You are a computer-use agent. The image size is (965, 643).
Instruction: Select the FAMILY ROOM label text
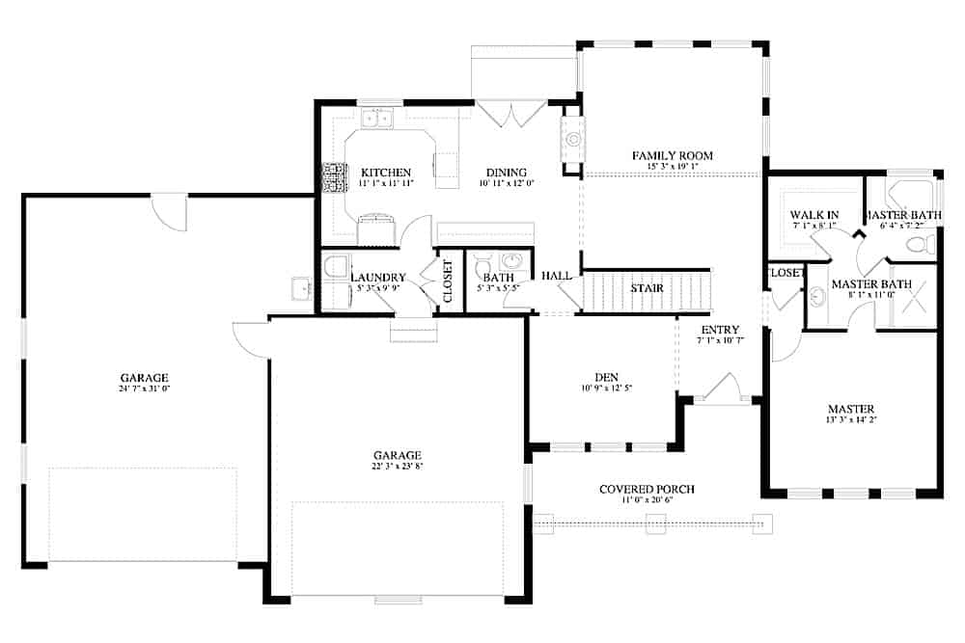[672, 155]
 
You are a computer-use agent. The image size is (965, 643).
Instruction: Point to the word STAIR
[646, 287]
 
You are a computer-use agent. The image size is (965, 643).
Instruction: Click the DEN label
[606, 377]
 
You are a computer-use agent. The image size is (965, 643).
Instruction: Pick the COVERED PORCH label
[647, 490]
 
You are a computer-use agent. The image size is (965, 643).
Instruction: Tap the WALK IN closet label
[813, 214]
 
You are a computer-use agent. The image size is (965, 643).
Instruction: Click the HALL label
[557, 276]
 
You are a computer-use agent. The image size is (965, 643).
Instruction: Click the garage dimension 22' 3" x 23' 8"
[399, 467]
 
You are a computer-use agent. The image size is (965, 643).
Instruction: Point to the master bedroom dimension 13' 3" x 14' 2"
[850, 419]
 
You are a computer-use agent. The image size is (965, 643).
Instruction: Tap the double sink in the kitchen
[376, 119]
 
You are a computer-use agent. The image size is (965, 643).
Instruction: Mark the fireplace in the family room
[572, 141]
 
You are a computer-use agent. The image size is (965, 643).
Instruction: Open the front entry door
[719, 390]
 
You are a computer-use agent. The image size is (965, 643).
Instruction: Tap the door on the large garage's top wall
[170, 211]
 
